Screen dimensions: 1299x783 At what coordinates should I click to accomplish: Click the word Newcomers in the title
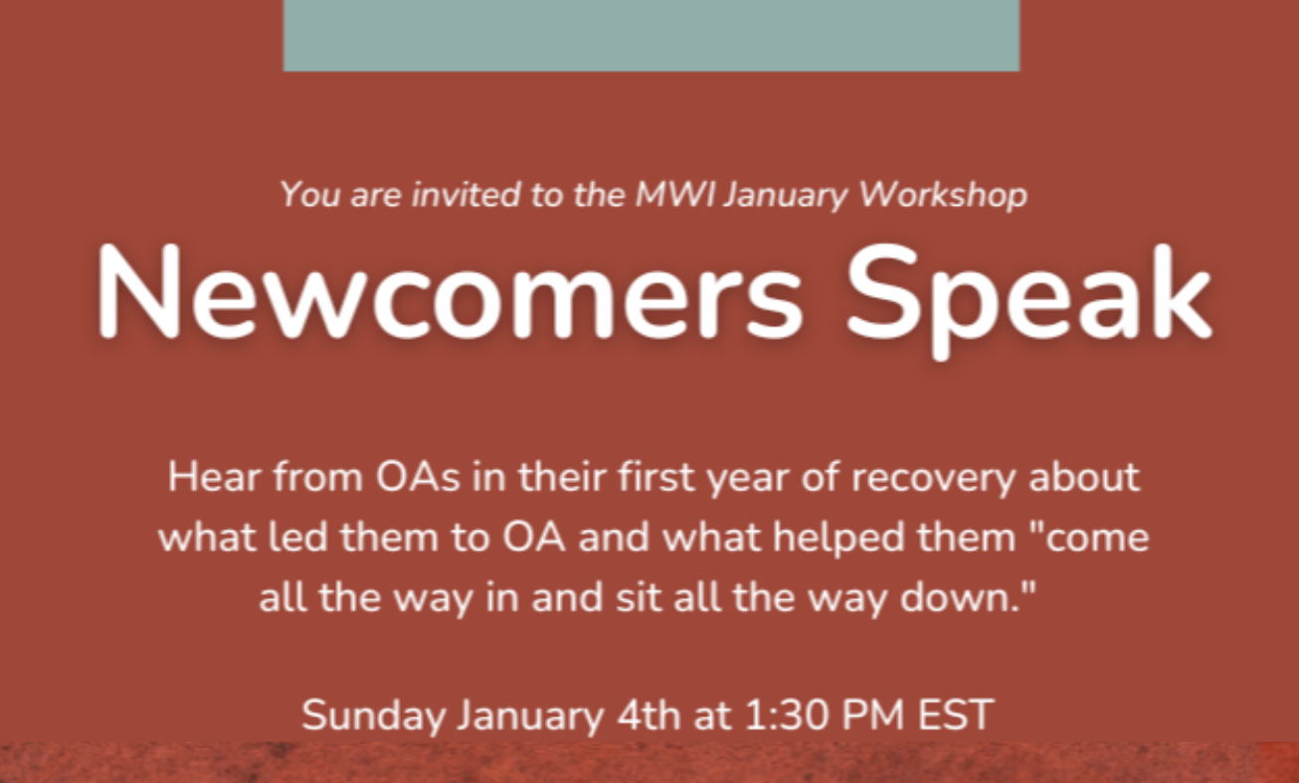click(x=450, y=291)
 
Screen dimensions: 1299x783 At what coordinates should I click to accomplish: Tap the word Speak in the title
click(x=1028, y=296)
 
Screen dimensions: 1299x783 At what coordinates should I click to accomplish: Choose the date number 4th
click(x=649, y=715)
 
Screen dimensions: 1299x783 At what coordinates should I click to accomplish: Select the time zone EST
click(x=956, y=715)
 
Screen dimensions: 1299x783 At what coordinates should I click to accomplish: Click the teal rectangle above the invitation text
click(x=651, y=36)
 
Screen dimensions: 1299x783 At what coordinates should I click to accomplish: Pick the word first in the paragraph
click(x=655, y=477)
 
